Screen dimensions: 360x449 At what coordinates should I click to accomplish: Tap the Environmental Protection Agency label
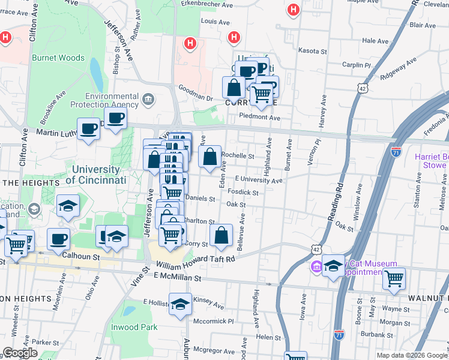click(112, 101)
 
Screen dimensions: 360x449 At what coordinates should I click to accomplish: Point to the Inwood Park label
click(134, 327)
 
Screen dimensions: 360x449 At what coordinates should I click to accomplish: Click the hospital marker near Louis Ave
click(234, 38)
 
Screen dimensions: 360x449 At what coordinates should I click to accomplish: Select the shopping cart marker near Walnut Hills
click(394, 278)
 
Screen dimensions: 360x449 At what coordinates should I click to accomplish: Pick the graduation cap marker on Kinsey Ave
click(180, 305)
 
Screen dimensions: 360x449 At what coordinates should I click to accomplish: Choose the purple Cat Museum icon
click(316, 266)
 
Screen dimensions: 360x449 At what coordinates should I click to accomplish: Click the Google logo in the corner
click(20, 352)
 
